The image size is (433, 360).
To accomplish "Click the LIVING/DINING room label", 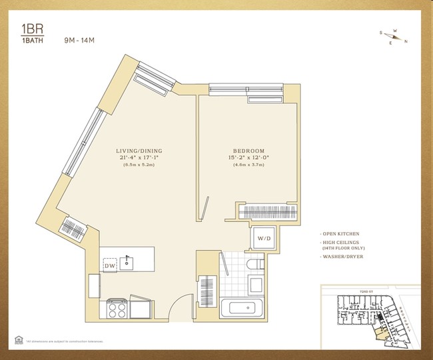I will pos(138,151).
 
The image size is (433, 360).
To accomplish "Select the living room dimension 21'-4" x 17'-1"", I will pos(138,159).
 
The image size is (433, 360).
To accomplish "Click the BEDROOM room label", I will pos(249,151).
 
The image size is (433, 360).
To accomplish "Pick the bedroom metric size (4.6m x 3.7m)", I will pos(249,166).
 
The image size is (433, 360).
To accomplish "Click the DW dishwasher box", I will pos(111,266).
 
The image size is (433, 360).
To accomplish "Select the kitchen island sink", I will pos(129,262).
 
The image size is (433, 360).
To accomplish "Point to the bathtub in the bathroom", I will pos(243,309).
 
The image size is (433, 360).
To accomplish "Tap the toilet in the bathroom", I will pos(254,267).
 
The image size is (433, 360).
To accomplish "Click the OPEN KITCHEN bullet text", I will pos(341,234).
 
